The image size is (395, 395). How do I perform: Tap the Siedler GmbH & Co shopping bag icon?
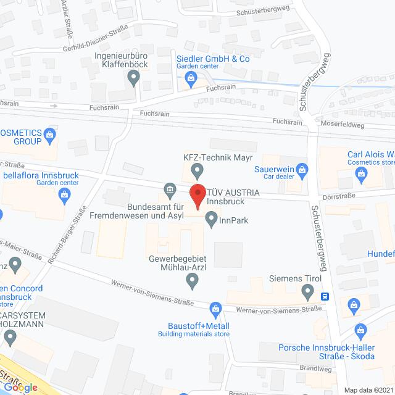pyautogui.click(x=191, y=78)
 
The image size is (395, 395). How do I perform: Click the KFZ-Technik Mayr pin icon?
pyautogui.click(x=197, y=168)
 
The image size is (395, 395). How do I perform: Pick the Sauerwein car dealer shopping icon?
pyautogui.click(x=302, y=168)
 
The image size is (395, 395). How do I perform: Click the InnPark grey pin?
pyautogui.click(x=211, y=218)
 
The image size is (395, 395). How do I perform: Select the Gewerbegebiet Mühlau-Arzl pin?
pyautogui.click(x=192, y=281)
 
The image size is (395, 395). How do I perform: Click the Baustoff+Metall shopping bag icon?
pyautogui.click(x=215, y=308)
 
